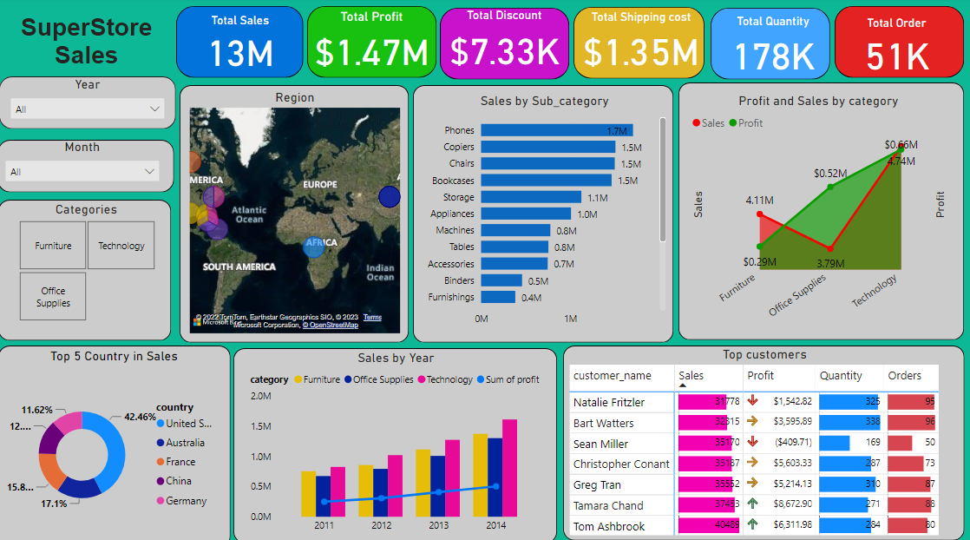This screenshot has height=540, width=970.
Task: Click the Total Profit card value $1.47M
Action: point(371,53)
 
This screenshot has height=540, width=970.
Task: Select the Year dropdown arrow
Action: point(155,109)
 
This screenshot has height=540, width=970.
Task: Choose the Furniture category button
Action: point(53,246)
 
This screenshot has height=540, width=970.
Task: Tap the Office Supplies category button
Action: point(53,297)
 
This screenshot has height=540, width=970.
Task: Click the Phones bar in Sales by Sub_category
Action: point(556,130)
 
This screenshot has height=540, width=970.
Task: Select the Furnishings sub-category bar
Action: point(498,297)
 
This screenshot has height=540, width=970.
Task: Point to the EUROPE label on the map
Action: point(319,185)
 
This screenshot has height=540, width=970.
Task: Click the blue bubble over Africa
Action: point(314,246)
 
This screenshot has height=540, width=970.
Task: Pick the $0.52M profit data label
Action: point(830,174)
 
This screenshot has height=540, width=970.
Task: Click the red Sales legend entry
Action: point(708,123)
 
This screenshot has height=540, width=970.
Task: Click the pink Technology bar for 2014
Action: point(509,469)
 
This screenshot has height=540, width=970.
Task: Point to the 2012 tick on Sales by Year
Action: point(381,525)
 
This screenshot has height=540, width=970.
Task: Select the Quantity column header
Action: point(841,376)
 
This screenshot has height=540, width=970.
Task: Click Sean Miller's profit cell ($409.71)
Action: point(780,444)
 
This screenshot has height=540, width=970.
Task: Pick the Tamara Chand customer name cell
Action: point(608,505)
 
